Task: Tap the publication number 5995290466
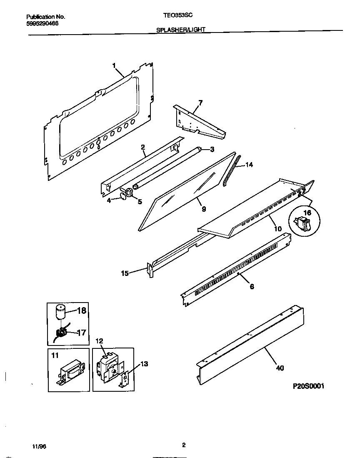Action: pyautogui.click(x=42, y=23)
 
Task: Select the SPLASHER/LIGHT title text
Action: pyautogui.click(x=180, y=30)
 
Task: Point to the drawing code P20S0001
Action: pyautogui.click(x=308, y=386)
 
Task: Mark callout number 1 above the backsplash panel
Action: pyautogui.click(x=114, y=65)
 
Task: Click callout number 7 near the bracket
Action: pyautogui.click(x=200, y=103)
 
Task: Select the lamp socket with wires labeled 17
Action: pyautogui.click(x=62, y=332)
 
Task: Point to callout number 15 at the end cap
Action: pyautogui.click(x=125, y=273)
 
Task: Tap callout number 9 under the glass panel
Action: pyautogui.click(x=204, y=209)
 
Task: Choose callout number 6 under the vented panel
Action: pyautogui.click(x=252, y=286)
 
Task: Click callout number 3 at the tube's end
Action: pyautogui.click(x=212, y=149)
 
